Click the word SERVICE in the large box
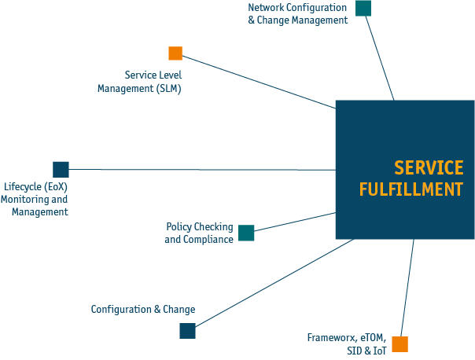coord(429,167)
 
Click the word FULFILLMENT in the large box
coord(411,189)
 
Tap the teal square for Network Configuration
coord(363,8)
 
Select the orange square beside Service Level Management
coord(175,53)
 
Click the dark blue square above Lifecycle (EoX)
coord(61,169)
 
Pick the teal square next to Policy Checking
coord(246,233)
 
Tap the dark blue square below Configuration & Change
coord(187,331)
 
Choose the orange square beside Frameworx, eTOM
coord(400,344)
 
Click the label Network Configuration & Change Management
coord(297,14)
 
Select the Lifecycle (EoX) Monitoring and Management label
coord(35,200)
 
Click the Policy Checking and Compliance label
coord(199,233)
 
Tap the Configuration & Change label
coord(142,310)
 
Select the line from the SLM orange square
coord(260,81)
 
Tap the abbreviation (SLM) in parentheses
coord(168,88)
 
